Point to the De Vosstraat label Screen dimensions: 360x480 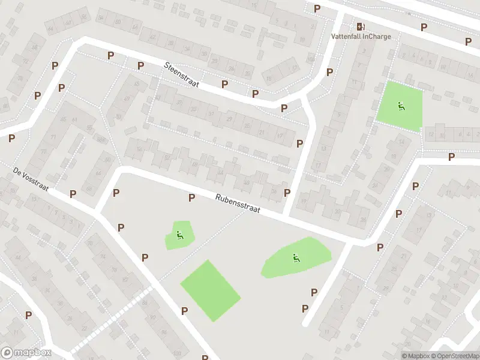tap(30, 179)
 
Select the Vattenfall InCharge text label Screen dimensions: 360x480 tap(361, 36)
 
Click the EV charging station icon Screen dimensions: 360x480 tap(360, 26)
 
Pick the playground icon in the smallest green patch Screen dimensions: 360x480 tap(179, 235)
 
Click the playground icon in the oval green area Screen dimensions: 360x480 tap(295, 258)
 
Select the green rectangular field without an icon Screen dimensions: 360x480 tap(210, 290)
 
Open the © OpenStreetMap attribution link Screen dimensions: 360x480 tap(455, 356)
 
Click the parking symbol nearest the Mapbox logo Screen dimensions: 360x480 tap(28, 315)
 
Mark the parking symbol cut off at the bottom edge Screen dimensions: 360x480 tap(205, 356)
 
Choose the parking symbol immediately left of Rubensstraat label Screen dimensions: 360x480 tap(192, 197)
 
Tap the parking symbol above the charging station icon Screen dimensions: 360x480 tap(317, 8)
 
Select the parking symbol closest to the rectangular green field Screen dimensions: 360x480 tap(184, 311)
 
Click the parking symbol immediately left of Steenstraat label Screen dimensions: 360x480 tap(140, 65)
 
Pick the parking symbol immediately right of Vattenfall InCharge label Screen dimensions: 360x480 tap(424, 27)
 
